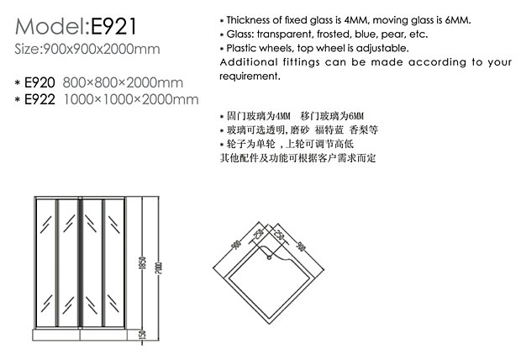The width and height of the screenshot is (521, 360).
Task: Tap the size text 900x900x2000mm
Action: point(102,49)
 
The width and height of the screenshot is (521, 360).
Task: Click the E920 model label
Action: point(41,82)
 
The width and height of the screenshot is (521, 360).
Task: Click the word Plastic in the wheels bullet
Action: point(244,48)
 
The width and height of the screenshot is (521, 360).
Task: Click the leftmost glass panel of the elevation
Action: point(45,262)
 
